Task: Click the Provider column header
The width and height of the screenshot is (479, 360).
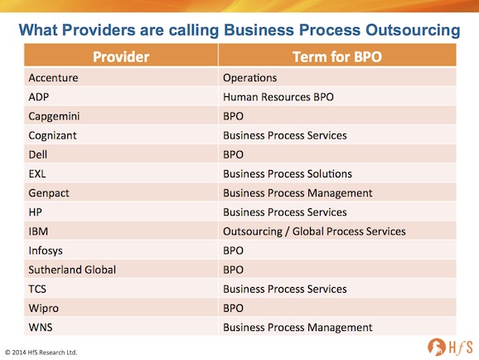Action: click(121, 57)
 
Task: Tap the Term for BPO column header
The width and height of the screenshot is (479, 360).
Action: click(337, 57)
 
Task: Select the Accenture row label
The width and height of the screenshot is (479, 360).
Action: click(54, 78)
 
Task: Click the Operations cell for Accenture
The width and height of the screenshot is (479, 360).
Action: click(250, 78)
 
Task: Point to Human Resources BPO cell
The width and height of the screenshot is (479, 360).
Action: click(278, 97)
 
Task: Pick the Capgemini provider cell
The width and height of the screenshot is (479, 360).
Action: click(54, 116)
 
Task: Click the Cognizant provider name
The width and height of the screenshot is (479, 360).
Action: click(52, 136)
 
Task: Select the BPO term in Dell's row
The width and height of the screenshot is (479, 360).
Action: click(233, 155)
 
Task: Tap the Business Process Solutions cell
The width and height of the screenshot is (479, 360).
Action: click(288, 173)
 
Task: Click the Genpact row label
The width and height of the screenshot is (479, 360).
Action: click(49, 193)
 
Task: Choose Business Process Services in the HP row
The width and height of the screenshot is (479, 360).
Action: click(285, 212)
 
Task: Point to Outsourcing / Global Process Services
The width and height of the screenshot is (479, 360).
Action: click(314, 231)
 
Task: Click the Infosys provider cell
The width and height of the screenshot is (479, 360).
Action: click(46, 251)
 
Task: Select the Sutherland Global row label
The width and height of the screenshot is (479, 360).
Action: click(72, 270)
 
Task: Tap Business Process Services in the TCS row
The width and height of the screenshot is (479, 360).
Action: click(285, 289)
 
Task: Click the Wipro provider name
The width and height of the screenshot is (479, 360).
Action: click(43, 309)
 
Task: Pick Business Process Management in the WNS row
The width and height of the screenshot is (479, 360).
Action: click(298, 328)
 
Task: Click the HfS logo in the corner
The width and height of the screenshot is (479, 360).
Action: click(450, 347)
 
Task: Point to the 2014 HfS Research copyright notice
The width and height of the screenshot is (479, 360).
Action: click(41, 353)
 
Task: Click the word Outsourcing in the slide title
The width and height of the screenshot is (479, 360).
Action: click(413, 31)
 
